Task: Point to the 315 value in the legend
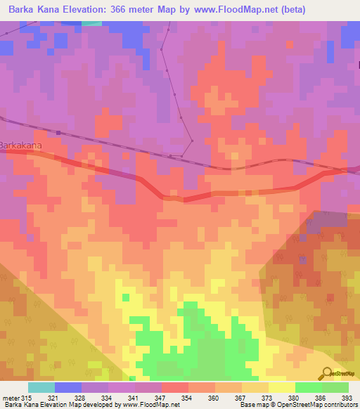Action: [x=27, y=397]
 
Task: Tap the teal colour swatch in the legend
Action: [x=41, y=387]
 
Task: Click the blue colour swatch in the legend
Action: [x=68, y=387]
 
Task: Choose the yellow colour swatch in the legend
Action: [x=281, y=387]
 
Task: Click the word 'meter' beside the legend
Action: [x=11, y=397]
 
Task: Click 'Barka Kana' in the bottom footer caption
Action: [x=20, y=405]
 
